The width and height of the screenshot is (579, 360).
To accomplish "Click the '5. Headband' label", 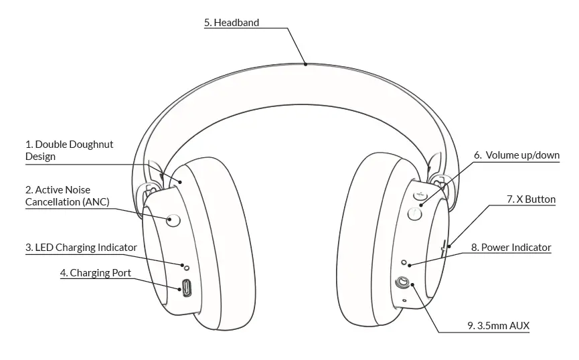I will click(232, 22).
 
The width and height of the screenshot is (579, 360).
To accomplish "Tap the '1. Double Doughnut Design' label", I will click(69, 150).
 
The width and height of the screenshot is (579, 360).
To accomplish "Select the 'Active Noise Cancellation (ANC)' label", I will click(67, 195).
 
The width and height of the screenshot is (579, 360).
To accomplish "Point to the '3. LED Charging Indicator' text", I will click(81, 247).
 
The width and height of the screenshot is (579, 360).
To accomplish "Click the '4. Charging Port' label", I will click(95, 272).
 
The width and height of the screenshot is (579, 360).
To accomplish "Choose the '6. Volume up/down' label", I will click(516, 155).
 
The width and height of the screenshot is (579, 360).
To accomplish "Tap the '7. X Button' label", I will click(531, 199).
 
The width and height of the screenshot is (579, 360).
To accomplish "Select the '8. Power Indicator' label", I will click(511, 247).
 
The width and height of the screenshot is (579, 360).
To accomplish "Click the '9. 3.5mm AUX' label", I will click(498, 326).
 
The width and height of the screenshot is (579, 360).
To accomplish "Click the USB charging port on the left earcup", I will click(186, 289).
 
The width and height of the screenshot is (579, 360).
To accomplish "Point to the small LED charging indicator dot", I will click(187, 268).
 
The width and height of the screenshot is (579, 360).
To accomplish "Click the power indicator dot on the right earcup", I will click(404, 262).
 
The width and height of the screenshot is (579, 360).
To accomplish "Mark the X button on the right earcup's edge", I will click(443, 248).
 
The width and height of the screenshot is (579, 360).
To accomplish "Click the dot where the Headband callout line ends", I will click(306, 64).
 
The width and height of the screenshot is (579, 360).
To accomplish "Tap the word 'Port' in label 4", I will click(120, 272).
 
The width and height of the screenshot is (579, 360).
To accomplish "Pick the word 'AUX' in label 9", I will click(519, 326).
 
